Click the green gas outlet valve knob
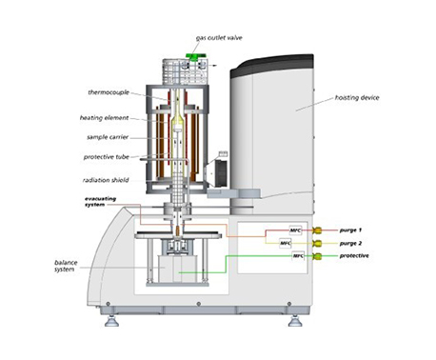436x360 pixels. (x=196, y=56)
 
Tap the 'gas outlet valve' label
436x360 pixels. (x=219, y=38)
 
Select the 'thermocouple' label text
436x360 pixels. (x=109, y=92)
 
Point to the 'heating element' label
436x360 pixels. (x=104, y=118)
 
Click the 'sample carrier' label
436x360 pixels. (x=108, y=137)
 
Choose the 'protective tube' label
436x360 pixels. (x=107, y=157)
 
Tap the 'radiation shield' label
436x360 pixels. (x=106, y=180)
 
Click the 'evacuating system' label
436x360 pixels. (x=100, y=202)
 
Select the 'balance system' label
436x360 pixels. (x=66, y=266)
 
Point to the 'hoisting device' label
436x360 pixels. (x=357, y=98)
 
